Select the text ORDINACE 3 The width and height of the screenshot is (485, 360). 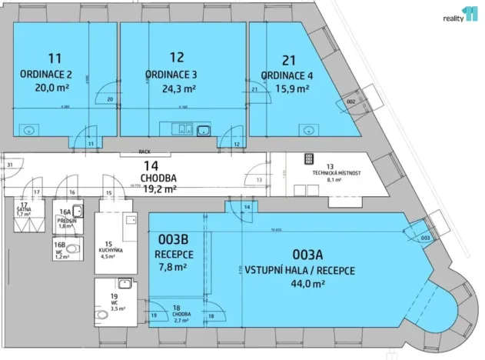pos(171,75)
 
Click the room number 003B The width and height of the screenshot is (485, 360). pos(174,240)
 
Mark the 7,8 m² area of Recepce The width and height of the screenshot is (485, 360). pos(174,268)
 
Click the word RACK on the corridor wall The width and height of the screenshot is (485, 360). pos(145,152)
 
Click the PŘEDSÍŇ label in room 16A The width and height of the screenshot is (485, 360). pos(66,221)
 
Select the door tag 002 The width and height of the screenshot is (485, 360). pos(350,102)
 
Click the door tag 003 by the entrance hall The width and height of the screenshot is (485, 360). pos(424,239)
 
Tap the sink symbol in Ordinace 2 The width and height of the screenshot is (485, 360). pos(29,130)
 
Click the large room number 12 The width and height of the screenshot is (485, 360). pos(177,57)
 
